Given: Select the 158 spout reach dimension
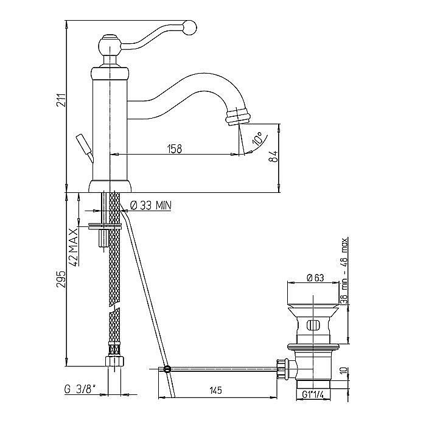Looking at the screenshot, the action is point(175,149).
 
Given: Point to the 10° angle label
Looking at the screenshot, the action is point(257,138).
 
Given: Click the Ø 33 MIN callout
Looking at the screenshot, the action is point(151,206).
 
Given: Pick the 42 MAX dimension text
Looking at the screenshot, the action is point(74,247).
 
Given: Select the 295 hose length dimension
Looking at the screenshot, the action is point(61,279).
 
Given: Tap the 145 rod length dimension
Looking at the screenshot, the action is point(216,391).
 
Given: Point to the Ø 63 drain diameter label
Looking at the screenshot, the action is point(315,278).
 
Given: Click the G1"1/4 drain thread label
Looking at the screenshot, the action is point(313,394).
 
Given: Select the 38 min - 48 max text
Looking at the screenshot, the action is point(344,271).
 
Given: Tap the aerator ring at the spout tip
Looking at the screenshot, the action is point(237,117).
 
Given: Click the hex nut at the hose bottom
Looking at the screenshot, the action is point(114,361).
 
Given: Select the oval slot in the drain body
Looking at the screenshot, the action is point(313,325).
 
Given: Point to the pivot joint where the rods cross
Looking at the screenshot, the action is point(167,369).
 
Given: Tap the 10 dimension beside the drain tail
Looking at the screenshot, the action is point(344,371).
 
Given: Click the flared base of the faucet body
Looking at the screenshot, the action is point(110,186).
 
